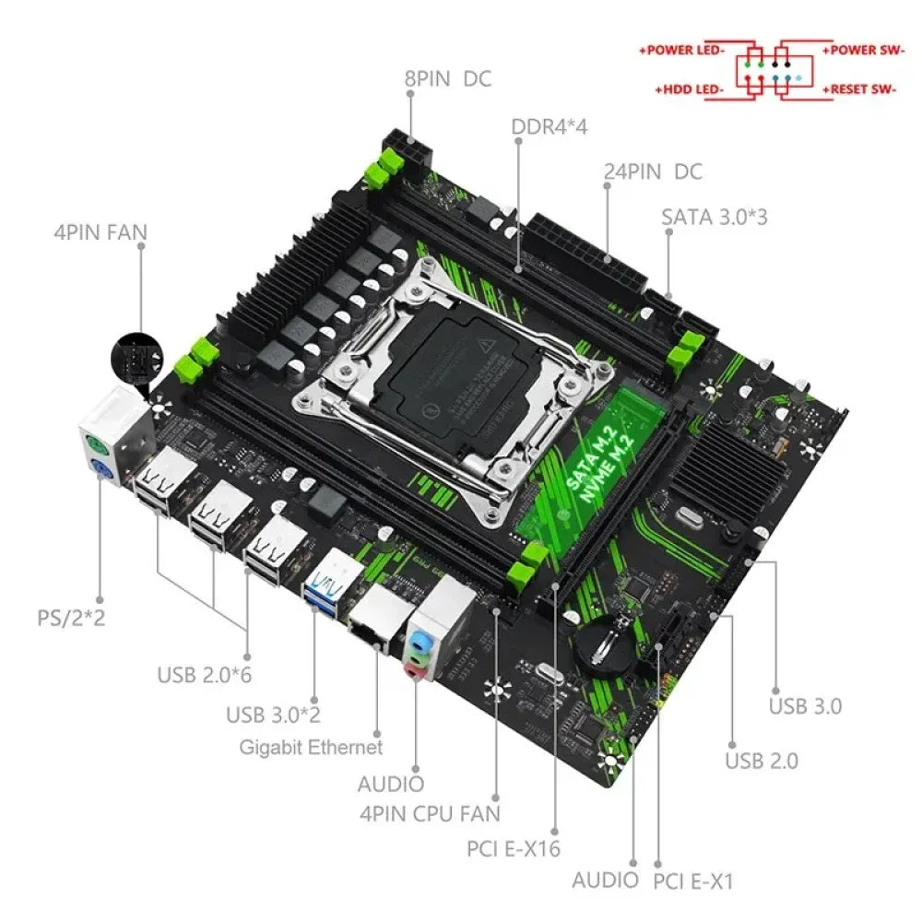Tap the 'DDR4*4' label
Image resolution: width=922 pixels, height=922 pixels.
tap(550, 126)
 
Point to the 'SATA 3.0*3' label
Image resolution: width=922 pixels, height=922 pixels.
tap(715, 218)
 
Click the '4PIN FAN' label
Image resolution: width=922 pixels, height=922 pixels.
tap(100, 230)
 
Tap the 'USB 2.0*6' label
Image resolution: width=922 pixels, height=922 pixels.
tap(204, 674)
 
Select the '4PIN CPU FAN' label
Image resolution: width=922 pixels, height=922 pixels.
tap(430, 813)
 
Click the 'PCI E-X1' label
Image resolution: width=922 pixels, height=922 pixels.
tap(692, 881)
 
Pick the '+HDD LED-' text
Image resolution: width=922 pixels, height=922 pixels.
tap(689, 89)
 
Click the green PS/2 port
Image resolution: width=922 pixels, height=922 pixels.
tap(95, 445)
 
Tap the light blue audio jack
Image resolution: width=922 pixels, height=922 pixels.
tap(420, 639)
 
